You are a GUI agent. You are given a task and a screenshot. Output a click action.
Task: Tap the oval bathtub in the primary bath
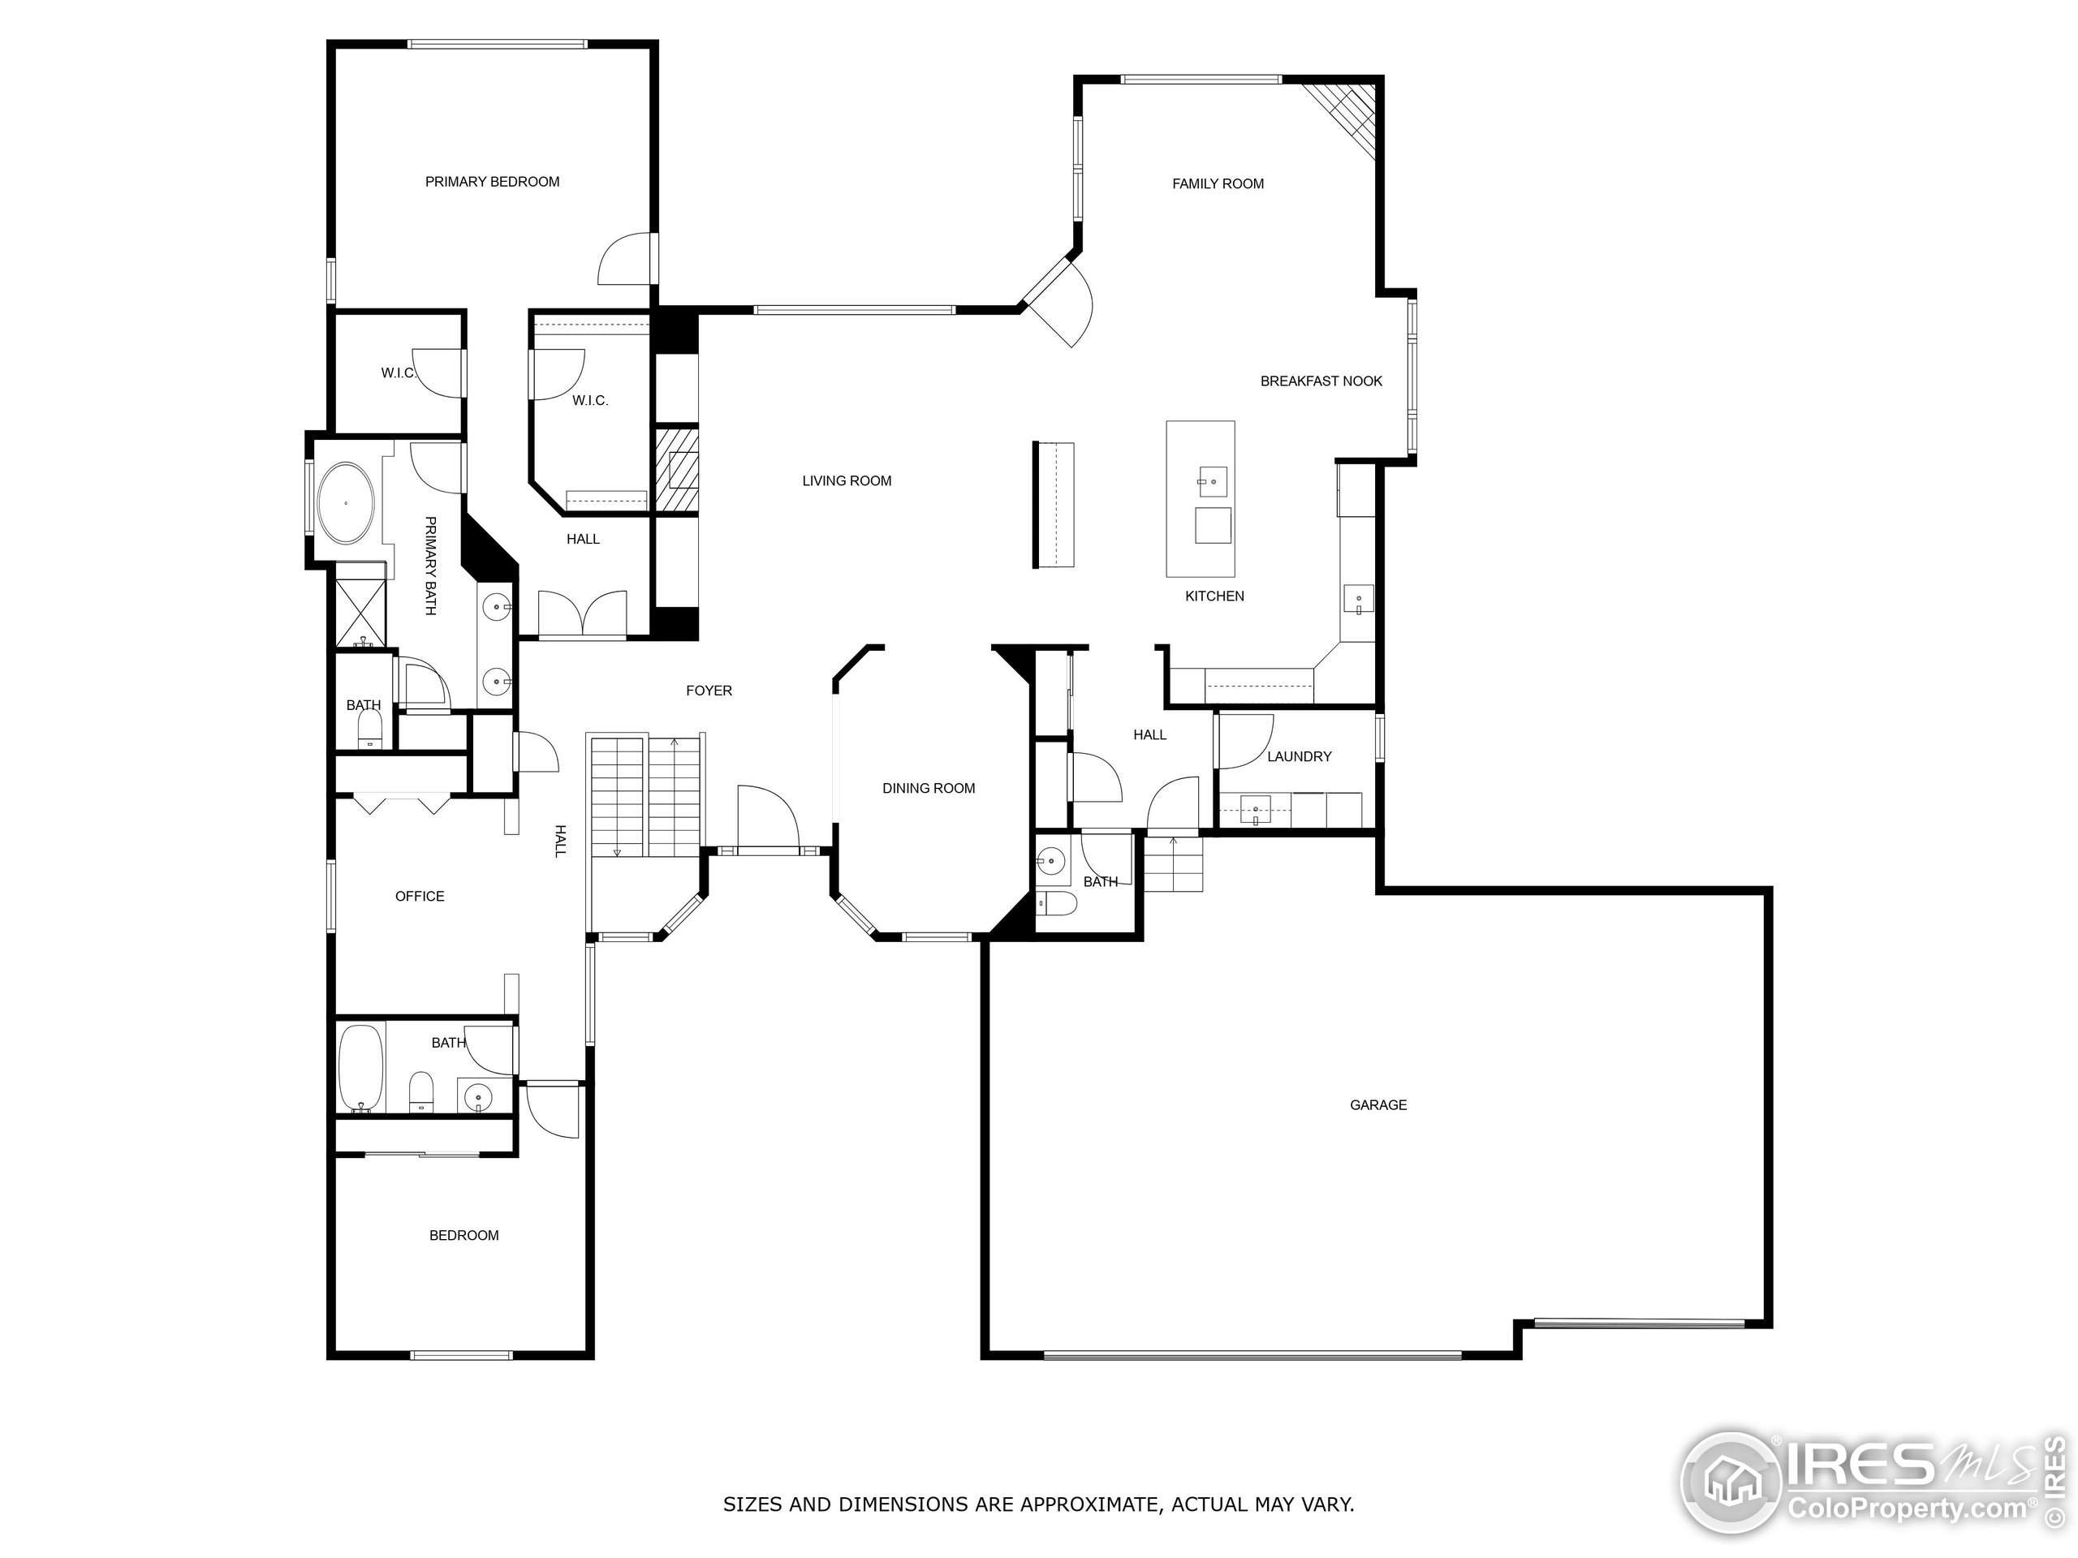click(x=346, y=502)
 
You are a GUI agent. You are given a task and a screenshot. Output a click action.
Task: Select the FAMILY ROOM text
click(x=1218, y=184)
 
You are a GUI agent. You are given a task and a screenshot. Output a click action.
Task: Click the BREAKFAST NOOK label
click(x=1321, y=381)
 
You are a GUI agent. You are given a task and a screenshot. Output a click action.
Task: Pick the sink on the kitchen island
click(x=1212, y=482)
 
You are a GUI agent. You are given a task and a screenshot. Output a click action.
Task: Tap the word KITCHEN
click(x=1214, y=596)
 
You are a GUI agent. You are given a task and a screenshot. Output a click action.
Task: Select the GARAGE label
click(x=1377, y=1105)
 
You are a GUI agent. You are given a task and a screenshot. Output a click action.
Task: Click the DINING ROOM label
click(x=928, y=789)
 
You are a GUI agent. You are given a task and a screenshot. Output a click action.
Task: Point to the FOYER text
click(x=709, y=691)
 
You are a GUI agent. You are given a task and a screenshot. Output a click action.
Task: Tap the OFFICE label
click(x=419, y=897)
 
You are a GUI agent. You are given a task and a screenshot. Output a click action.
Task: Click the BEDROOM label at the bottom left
click(x=463, y=1236)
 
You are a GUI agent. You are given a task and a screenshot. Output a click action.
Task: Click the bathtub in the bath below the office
click(x=360, y=1068)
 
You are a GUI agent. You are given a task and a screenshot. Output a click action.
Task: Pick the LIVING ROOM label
click(x=846, y=481)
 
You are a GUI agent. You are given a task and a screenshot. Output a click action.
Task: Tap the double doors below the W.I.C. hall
click(x=583, y=615)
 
